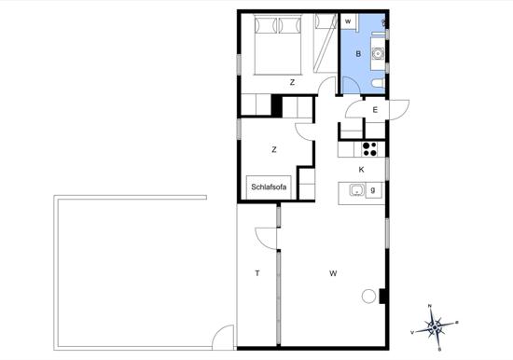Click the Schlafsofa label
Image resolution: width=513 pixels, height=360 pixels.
click(x=269, y=187)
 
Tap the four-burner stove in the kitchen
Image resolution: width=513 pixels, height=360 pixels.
click(x=369, y=149)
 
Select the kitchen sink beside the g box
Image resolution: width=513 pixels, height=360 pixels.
click(x=357, y=190)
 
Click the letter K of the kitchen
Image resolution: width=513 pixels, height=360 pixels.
click(x=361, y=170)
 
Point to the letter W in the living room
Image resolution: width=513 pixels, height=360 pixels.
click(x=333, y=273)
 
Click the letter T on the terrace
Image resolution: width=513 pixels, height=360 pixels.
click(x=257, y=273)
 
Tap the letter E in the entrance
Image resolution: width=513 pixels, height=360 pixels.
click(x=375, y=110)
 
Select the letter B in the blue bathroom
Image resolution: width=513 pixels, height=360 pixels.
click(x=358, y=54)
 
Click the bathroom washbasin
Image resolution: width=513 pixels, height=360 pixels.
click(x=378, y=53)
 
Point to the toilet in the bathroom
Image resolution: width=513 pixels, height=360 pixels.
click(x=378, y=83)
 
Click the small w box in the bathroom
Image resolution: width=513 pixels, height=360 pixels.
click(x=348, y=21)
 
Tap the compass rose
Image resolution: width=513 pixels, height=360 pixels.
click(x=434, y=327)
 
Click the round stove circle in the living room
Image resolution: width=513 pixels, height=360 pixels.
click(x=368, y=297)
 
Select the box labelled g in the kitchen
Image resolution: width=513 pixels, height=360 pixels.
click(x=373, y=190)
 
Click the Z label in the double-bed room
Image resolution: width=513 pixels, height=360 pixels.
click(x=292, y=82)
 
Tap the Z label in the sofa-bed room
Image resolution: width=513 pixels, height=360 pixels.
click(x=274, y=149)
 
